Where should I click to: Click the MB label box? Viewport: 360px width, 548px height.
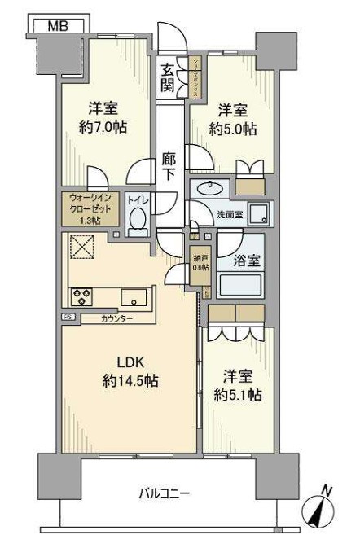point(56,25)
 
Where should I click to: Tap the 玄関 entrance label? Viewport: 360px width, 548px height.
point(167,77)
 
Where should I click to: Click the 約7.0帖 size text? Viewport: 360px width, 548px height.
point(103,128)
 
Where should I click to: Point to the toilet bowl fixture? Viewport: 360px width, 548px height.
point(138,221)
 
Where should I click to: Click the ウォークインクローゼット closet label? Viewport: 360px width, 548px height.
point(91,208)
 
